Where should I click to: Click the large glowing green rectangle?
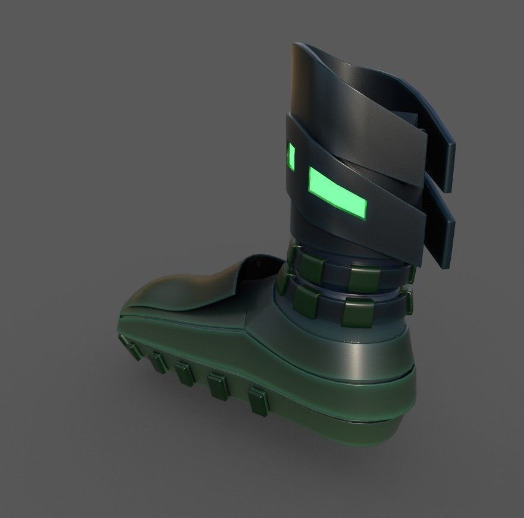337,191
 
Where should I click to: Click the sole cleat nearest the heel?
257,401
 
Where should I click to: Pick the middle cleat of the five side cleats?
182,373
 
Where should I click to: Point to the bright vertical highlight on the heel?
357,357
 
